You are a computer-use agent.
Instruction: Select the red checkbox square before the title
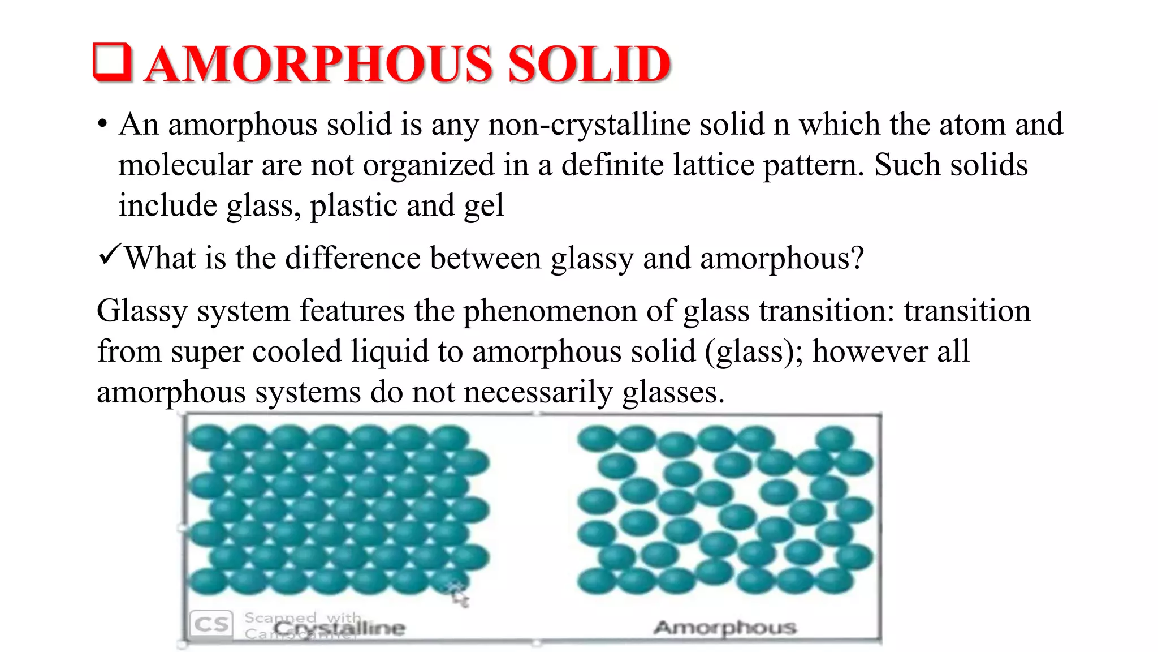coord(113,62)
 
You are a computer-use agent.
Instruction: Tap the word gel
coord(483,207)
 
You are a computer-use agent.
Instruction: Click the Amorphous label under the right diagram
coord(725,627)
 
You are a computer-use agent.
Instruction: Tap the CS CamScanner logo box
coord(211,624)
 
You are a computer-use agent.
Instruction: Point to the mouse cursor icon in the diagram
coord(459,594)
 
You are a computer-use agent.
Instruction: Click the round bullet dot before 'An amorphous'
coord(102,125)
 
